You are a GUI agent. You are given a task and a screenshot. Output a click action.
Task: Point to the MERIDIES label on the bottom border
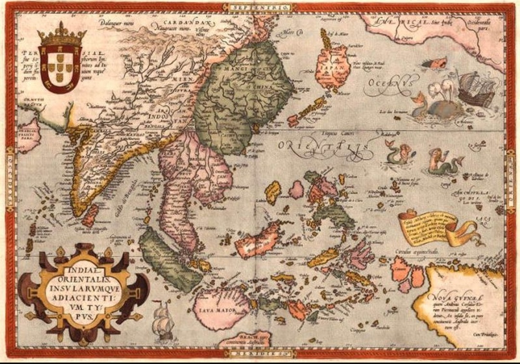tap(260, 354)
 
